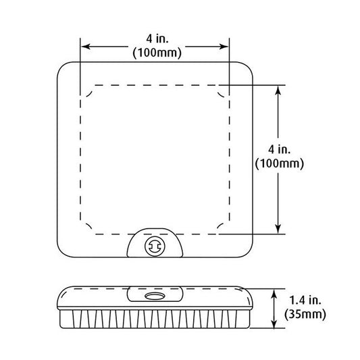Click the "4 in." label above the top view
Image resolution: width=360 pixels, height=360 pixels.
coord(157,38)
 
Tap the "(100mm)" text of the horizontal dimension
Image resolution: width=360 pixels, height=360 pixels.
coord(157,53)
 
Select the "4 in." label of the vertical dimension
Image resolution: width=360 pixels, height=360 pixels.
coord(279,150)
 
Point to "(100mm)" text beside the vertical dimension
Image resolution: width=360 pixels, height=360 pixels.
coord(280,163)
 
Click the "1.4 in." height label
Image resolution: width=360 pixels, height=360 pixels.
coord(305,301)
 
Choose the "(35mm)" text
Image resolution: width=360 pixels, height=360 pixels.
coord(305,314)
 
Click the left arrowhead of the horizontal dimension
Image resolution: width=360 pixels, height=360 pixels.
coord(86,47)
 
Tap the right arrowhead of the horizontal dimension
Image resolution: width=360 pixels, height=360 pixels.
coord(224,47)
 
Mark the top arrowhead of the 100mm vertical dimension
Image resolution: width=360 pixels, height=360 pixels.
coord(278,91)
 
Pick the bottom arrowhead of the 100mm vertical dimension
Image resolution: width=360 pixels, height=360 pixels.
coord(278,229)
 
